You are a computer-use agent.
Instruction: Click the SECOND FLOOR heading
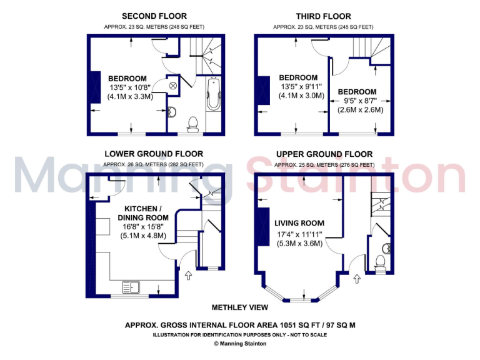coord(154,16)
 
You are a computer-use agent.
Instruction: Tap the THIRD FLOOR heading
coord(323,16)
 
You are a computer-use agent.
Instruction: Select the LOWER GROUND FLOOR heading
coord(154,154)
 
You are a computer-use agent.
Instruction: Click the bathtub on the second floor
coord(213,94)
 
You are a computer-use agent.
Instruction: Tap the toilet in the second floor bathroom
coord(193,123)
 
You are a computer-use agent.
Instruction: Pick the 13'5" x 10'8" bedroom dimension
coord(131,87)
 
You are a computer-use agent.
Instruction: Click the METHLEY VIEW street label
coord(239,307)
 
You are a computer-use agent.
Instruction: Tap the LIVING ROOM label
coord(299,223)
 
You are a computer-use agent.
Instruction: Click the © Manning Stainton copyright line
coord(240,344)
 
